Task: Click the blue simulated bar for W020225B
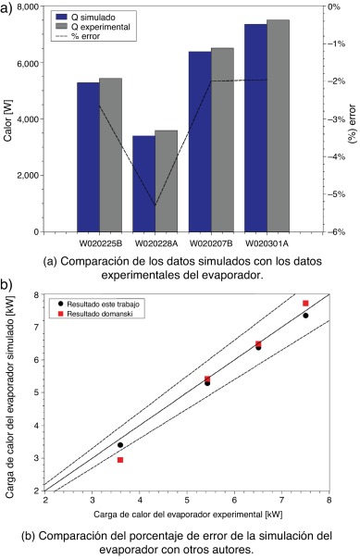[88, 157]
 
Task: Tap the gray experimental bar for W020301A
[279, 126]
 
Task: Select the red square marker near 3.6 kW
[120, 460]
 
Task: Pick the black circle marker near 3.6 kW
[120, 445]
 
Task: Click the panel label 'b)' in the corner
[7, 285]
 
